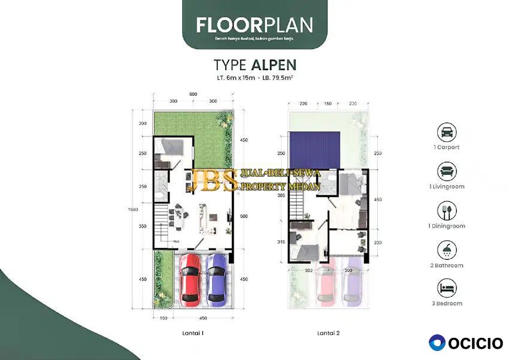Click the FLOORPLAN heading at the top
254,25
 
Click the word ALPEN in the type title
273,64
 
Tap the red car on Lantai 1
190,279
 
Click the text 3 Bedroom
448,304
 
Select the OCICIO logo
466,343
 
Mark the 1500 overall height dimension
132,209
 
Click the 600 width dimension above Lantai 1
193,93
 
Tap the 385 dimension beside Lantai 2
281,195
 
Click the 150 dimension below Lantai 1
163,317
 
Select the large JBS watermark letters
211,180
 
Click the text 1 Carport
448,147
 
